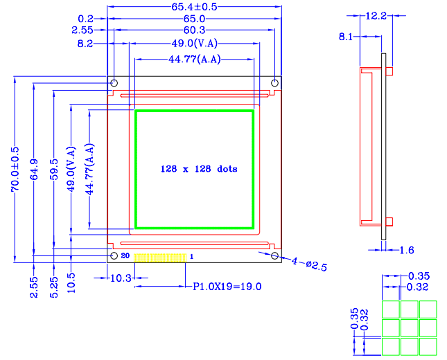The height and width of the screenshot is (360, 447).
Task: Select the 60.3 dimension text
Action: tap(195, 30)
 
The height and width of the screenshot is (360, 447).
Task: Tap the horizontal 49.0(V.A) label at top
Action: tap(195, 44)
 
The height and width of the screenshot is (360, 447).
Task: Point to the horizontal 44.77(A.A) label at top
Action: tap(194, 60)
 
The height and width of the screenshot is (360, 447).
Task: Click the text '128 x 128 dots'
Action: tap(199, 169)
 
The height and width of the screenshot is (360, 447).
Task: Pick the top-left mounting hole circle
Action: tap(114, 84)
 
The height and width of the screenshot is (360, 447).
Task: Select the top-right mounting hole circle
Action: tap(275, 84)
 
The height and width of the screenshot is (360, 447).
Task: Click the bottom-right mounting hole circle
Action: tap(275, 257)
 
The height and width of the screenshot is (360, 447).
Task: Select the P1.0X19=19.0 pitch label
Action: tap(227, 285)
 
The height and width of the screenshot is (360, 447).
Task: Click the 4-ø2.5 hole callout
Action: tap(304, 263)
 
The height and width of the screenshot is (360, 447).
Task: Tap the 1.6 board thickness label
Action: tap(407, 250)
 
